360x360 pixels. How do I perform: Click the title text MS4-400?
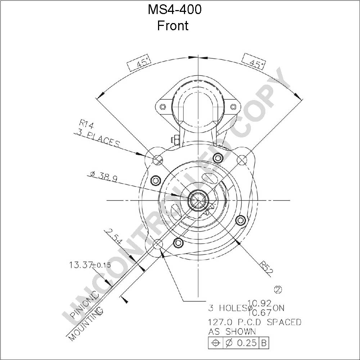(x=175, y=9)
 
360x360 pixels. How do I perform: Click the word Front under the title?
(x=173, y=26)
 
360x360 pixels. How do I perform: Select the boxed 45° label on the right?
(x=254, y=62)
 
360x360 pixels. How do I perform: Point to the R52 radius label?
(x=266, y=268)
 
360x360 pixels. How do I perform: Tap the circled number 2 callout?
(x=278, y=290)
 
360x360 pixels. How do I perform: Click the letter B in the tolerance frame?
(x=264, y=343)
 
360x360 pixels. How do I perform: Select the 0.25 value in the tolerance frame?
(x=247, y=343)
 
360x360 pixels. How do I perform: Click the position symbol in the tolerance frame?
(x=215, y=343)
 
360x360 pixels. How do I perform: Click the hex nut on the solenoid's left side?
(x=174, y=140)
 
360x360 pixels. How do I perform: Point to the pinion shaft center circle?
(x=198, y=200)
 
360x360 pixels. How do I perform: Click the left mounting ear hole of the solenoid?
(x=163, y=107)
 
